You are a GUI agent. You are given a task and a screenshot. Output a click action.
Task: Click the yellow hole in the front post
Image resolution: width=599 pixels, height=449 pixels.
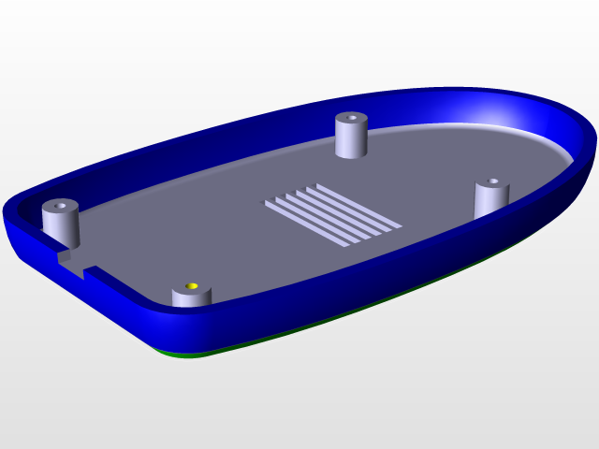click(x=192, y=285)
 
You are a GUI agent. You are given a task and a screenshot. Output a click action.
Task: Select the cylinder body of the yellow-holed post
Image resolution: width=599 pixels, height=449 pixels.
click(x=191, y=298)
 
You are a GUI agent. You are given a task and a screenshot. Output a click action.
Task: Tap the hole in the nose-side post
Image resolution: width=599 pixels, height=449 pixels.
click(x=491, y=182)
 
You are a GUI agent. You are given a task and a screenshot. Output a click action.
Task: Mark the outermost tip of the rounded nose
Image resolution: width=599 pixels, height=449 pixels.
click(x=593, y=150)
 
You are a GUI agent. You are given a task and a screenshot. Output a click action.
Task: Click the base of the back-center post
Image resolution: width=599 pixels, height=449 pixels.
click(x=351, y=154)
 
